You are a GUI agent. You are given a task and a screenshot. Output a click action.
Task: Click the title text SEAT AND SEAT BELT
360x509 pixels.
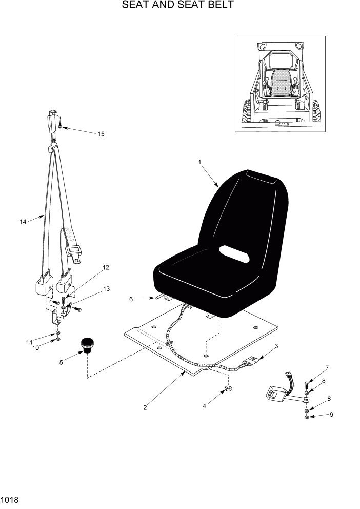coord(178,6)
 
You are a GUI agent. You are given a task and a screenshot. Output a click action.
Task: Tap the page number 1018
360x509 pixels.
coord(10,499)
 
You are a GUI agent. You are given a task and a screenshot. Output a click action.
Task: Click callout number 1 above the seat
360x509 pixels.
coord(199,162)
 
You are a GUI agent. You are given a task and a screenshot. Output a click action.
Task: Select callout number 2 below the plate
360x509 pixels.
coord(145,408)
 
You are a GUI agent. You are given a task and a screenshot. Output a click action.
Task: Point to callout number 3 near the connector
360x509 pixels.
coord(276,346)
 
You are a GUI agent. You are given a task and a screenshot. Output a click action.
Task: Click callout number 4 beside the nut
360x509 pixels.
coord(204,405)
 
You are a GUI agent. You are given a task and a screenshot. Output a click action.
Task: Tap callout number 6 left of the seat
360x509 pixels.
coord(131,298)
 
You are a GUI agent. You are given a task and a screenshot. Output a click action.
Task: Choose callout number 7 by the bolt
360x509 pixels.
coord(327,367)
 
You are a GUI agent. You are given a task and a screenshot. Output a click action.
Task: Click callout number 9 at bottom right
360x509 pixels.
coord(331,415)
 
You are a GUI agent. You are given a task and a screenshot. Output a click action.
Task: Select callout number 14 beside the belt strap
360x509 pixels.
coord(23,222)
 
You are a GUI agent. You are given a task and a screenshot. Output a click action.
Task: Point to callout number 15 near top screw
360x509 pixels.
coord(101,134)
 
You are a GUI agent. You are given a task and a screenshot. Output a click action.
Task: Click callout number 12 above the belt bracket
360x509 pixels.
coord(106,267)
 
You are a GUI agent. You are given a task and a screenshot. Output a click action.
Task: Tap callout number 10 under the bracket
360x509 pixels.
coord(36,348)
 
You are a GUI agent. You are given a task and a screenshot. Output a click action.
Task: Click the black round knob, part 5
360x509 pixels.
coord(87,345)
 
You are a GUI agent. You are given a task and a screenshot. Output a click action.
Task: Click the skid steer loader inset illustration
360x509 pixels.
coord(280,84)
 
